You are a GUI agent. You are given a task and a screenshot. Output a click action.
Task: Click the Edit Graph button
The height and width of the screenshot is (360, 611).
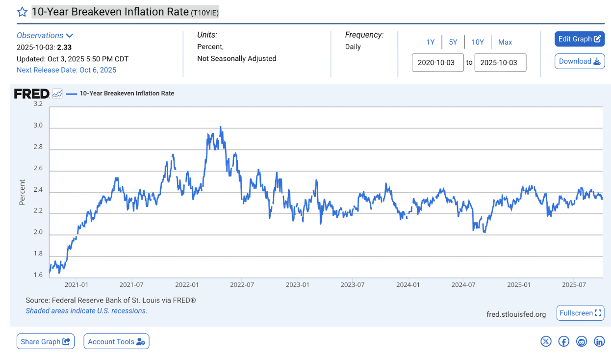[x=579, y=39]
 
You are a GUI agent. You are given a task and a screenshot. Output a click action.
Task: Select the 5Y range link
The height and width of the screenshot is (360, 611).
[x=453, y=42]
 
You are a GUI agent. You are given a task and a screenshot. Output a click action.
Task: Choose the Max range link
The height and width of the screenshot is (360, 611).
[x=505, y=42]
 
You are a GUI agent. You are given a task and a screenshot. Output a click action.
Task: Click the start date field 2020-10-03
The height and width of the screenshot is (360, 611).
[x=437, y=63]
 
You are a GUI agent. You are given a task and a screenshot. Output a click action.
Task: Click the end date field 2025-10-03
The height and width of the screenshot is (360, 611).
[x=500, y=63]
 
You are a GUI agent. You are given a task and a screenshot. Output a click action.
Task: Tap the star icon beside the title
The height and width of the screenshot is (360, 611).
[x=22, y=12]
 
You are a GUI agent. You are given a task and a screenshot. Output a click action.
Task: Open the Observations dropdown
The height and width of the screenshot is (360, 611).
[x=45, y=35]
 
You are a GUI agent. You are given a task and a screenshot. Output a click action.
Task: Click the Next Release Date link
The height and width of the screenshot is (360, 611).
[x=66, y=70]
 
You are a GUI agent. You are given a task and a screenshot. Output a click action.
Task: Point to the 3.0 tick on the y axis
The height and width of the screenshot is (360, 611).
[x=38, y=126]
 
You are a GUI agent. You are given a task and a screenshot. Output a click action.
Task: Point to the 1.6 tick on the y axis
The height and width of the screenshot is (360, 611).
[x=38, y=275]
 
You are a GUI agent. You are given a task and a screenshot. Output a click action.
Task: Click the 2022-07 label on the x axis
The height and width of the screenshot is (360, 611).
[x=241, y=284]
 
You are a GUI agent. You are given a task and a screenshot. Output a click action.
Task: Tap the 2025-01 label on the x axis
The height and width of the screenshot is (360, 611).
[x=519, y=284]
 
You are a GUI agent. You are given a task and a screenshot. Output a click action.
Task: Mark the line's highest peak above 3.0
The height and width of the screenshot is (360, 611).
[x=220, y=127]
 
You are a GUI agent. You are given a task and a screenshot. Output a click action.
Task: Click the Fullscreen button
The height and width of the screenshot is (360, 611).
[x=580, y=313]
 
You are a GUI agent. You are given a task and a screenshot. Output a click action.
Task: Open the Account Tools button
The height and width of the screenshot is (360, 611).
[x=116, y=341]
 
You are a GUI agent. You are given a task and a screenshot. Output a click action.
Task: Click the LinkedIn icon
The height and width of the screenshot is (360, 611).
[x=599, y=341]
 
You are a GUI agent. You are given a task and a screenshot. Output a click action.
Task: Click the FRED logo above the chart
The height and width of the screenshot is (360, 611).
[x=31, y=93]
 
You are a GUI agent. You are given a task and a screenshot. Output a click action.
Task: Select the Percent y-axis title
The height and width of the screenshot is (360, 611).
[x=22, y=192]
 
